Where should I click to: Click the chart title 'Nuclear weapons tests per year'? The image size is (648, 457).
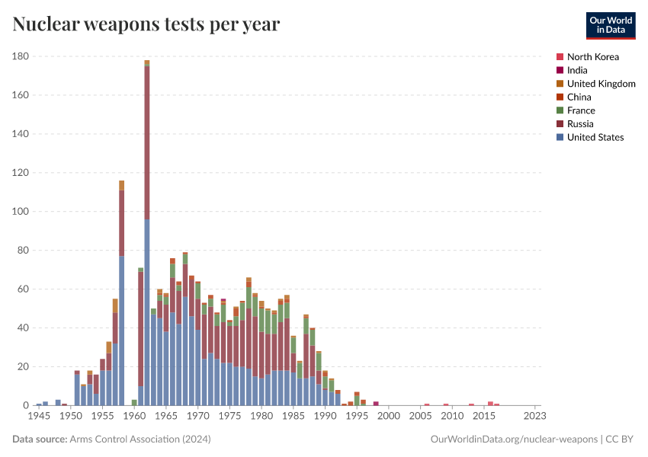(x=146, y=24)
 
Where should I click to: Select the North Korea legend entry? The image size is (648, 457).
(x=592, y=57)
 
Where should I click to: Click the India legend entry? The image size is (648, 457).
(x=577, y=70)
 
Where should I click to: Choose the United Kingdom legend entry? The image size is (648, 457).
(x=601, y=84)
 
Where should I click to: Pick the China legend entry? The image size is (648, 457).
(x=579, y=97)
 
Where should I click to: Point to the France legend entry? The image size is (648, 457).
(x=581, y=110)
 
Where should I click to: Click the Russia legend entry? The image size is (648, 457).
(x=580, y=124)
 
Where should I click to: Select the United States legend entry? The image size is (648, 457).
(x=595, y=137)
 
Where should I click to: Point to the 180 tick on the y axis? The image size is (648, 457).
(x=21, y=56)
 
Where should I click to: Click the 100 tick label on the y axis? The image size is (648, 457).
(x=21, y=212)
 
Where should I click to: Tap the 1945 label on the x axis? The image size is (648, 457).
(x=39, y=416)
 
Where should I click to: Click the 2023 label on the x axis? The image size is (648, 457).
(x=535, y=416)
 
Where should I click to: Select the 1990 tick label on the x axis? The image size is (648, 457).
(x=325, y=416)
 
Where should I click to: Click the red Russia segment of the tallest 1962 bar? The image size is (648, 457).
(x=147, y=137)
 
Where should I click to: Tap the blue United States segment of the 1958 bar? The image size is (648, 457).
(x=121, y=328)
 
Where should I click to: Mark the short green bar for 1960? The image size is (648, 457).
(x=134, y=402)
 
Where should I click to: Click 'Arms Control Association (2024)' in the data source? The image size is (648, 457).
(x=140, y=439)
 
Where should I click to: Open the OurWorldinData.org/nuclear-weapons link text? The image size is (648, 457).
(x=514, y=439)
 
